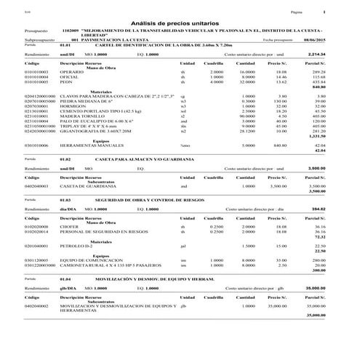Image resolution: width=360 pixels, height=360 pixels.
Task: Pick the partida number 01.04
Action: click(65, 279)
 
